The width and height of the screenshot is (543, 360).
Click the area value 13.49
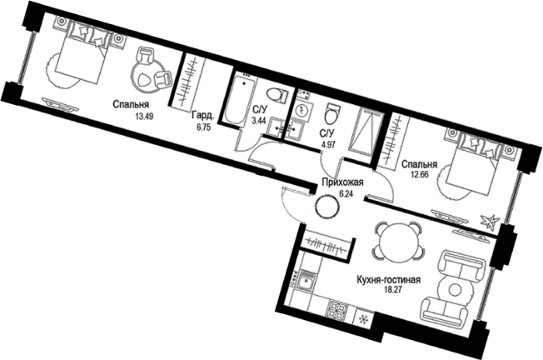click(x=144, y=117)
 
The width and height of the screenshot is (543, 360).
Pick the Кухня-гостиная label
click(x=388, y=280)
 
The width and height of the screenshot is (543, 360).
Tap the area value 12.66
click(x=420, y=174)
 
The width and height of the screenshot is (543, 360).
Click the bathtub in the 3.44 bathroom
click(x=241, y=99)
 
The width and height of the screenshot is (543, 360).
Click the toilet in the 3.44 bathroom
click(x=277, y=95)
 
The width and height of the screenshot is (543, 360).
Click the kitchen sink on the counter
click(x=306, y=281)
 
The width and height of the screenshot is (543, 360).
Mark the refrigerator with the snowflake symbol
click(x=364, y=317)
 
